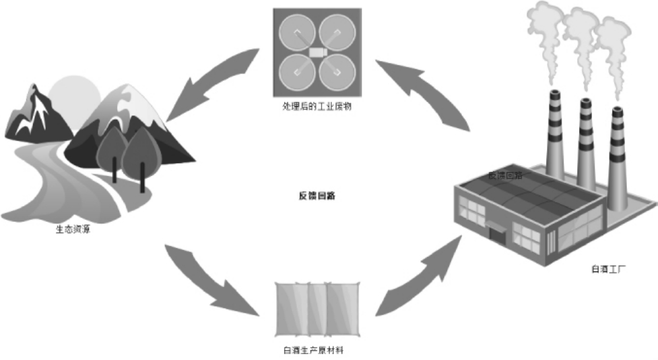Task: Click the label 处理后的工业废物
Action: click(316, 106)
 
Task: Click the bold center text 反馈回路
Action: click(317, 195)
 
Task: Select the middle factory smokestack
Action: click(586, 142)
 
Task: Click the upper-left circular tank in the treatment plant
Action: click(297, 32)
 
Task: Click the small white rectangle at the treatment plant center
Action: click(316, 51)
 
